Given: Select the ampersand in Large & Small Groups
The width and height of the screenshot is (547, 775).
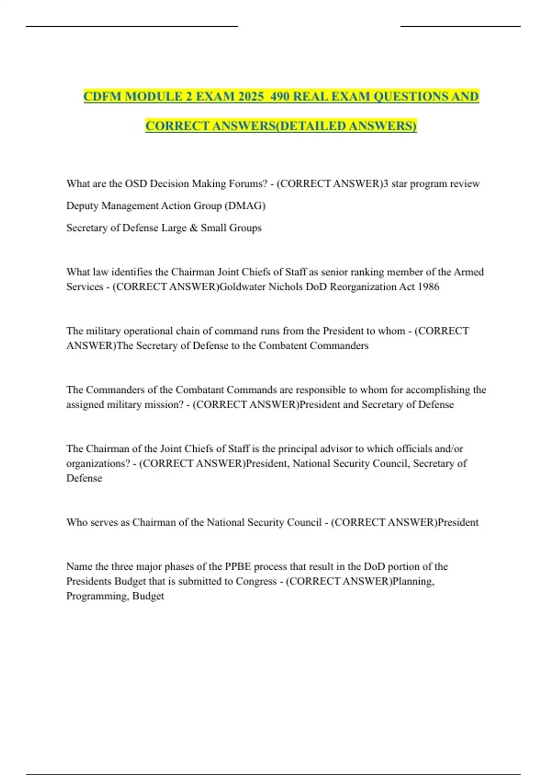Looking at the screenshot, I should click(x=193, y=228).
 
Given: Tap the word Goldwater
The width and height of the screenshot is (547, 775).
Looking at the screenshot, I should click(x=243, y=287).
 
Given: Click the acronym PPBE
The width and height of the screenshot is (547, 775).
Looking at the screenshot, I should click(x=237, y=567).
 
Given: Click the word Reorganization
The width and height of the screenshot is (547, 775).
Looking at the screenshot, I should click(x=367, y=287).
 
